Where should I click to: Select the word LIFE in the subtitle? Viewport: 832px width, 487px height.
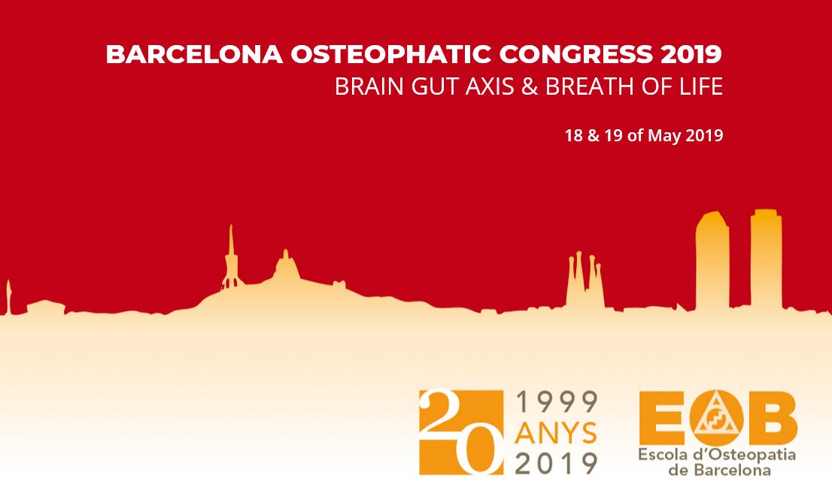click(x=701, y=86)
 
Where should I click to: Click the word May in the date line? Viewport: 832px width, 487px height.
click(x=664, y=136)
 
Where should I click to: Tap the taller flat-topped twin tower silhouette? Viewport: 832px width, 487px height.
click(x=766, y=259)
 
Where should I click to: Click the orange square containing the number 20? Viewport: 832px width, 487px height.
click(x=460, y=432)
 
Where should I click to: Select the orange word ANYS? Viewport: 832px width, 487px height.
click(x=557, y=433)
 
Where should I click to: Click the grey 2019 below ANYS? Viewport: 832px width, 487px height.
click(x=557, y=463)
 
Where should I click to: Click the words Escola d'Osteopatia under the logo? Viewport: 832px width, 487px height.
click(x=717, y=455)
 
